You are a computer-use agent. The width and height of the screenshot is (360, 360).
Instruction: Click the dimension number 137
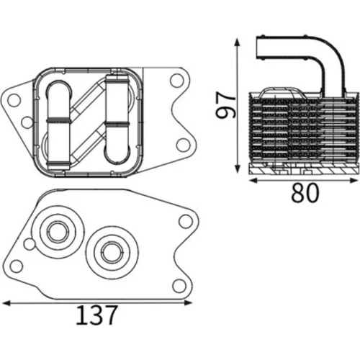tap(96, 315)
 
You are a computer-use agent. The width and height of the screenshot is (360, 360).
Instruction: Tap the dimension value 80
tap(305, 192)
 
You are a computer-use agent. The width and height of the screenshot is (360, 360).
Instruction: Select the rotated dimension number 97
tap(225, 106)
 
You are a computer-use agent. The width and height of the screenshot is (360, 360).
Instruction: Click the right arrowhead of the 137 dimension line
tap(188, 303)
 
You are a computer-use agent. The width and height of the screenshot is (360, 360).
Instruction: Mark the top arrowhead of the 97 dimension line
tap(237, 42)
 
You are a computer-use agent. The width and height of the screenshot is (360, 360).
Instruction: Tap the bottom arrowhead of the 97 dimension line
tap(237, 168)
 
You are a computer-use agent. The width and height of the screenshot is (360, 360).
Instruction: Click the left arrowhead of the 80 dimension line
tap(254, 181)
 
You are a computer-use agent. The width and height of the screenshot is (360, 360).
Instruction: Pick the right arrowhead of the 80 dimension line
tap(354, 181)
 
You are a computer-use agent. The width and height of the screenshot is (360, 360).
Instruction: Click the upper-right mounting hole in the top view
tap(177, 81)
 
